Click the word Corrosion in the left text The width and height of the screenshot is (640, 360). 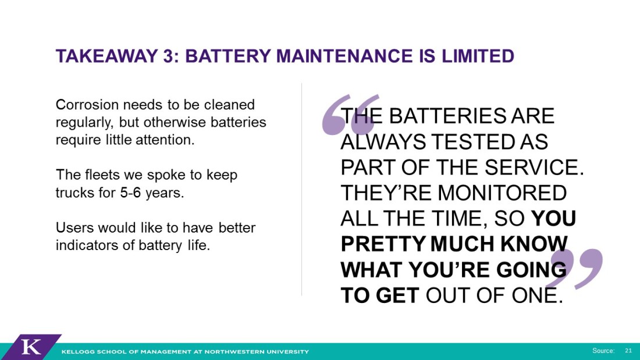point(87,105)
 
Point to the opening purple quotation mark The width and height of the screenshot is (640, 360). point(350,115)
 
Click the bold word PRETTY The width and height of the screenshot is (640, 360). point(383,244)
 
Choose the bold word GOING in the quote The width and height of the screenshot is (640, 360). point(531,270)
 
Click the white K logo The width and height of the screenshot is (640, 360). point(31,347)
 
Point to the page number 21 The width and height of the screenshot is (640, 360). point(628,351)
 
